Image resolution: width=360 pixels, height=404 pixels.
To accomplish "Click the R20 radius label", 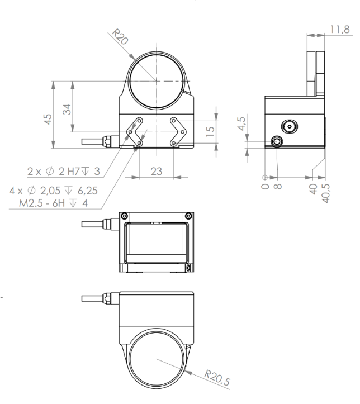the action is tap(120, 36).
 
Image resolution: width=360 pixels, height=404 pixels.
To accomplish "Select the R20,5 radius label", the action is tap(217, 378).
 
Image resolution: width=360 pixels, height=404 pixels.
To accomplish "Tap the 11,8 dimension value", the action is tap(340, 30).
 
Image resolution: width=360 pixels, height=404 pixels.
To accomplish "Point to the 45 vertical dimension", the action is tap(48, 119).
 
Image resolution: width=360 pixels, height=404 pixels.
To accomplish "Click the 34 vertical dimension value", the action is tap(67, 110).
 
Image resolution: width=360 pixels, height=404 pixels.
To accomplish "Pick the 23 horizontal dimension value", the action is tap(156, 172).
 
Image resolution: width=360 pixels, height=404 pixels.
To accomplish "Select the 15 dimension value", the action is tap(211, 131).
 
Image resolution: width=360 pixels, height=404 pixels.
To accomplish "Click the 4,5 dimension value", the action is tap(241, 123).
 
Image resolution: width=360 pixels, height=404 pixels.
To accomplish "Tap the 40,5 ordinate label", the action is tap(326, 193).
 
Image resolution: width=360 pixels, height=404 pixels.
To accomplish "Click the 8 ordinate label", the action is tap(277, 186).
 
